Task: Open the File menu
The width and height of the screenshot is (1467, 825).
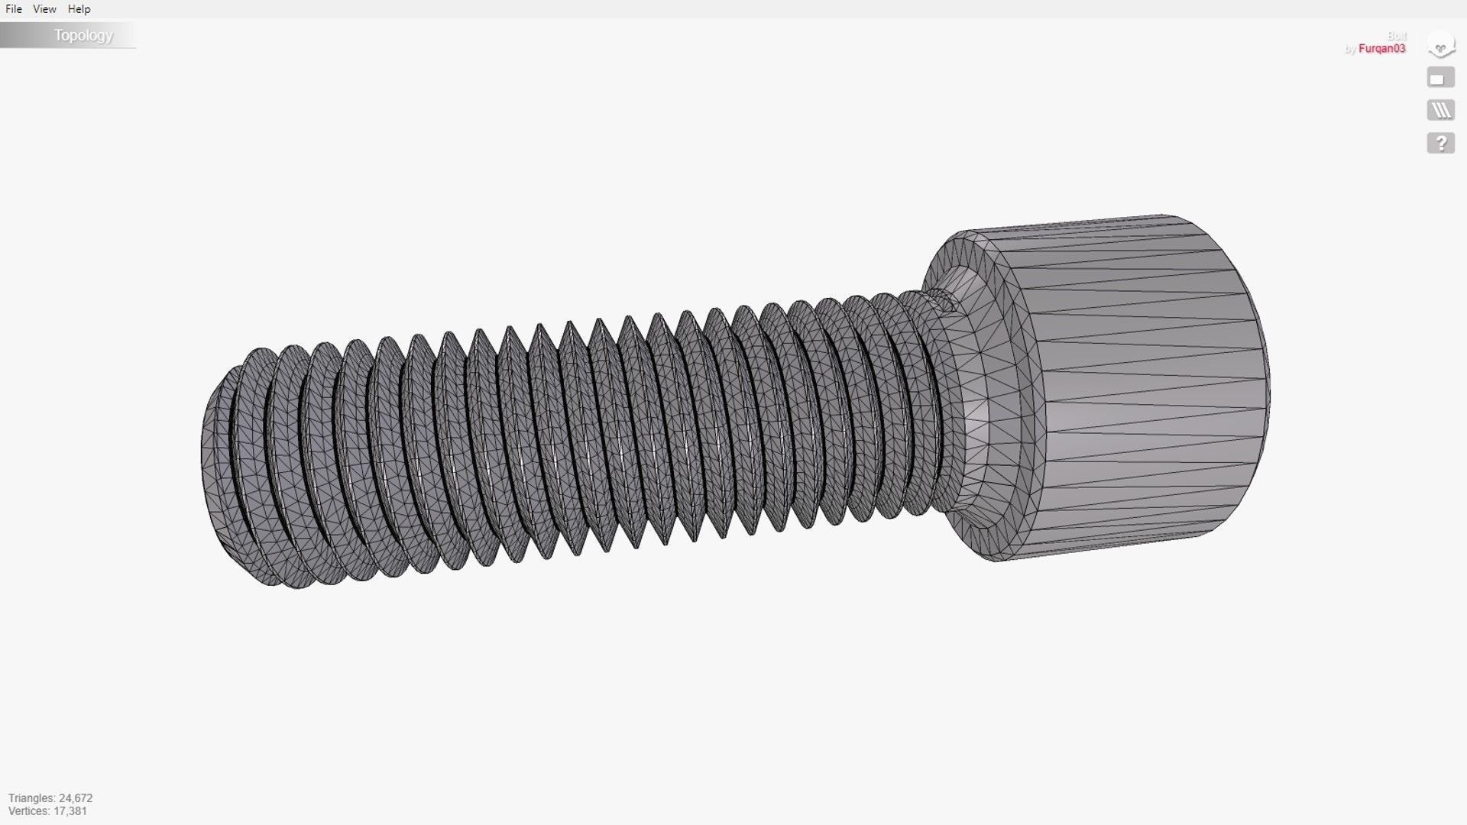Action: (14, 9)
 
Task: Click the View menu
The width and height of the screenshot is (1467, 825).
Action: (44, 9)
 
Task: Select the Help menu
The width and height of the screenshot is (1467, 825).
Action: (79, 9)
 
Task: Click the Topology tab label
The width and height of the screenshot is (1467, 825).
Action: (83, 36)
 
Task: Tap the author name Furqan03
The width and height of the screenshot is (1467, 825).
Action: (1381, 49)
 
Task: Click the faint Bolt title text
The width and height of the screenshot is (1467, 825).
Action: (1397, 36)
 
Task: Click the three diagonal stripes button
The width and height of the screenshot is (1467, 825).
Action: (1440, 111)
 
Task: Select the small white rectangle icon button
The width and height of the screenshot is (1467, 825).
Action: (1440, 78)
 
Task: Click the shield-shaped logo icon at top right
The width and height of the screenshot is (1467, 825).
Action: (1440, 46)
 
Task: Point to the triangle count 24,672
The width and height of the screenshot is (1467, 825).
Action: (76, 798)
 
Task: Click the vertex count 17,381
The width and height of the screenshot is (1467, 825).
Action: (70, 811)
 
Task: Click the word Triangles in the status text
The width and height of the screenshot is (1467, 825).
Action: (31, 798)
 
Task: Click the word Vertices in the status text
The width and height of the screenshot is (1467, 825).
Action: (28, 811)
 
